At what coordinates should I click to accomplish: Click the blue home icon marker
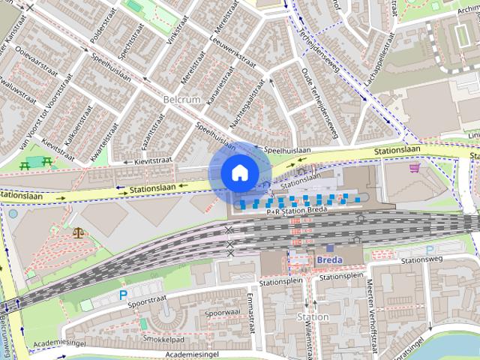point(238,172)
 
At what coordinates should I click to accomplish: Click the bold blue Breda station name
point(330,260)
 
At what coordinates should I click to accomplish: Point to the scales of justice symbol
point(79,232)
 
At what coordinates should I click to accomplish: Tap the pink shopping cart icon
point(414,168)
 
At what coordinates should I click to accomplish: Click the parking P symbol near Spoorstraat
point(123,295)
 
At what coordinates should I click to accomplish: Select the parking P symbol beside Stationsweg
point(430,250)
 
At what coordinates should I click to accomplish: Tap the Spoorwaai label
point(223,312)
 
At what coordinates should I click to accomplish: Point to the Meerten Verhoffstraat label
point(372,301)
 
